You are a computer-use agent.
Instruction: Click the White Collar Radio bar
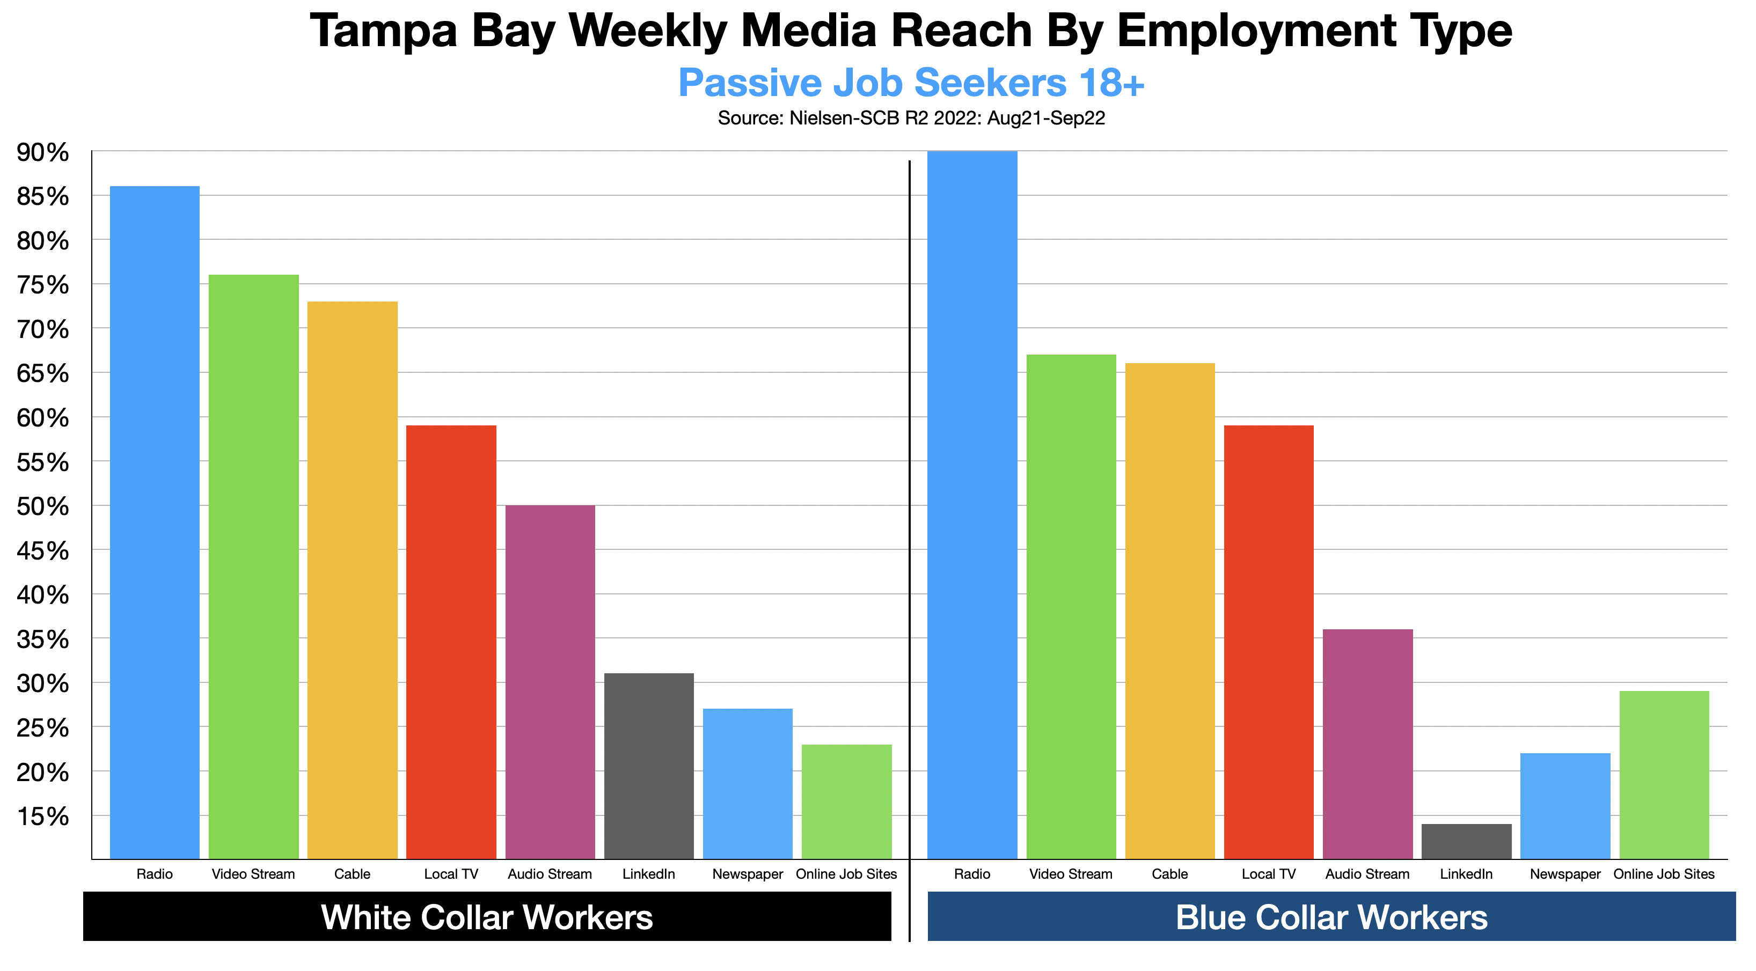(155, 522)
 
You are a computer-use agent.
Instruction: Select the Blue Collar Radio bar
(972, 504)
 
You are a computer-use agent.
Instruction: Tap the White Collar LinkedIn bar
(649, 766)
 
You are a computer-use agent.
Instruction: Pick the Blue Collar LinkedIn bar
(1466, 842)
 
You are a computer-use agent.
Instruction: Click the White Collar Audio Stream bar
(550, 681)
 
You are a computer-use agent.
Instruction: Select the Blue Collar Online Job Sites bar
(1664, 775)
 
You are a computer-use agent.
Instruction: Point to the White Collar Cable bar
(353, 580)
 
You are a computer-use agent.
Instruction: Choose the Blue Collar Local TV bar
(1269, 642)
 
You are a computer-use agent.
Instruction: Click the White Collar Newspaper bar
(748, 784)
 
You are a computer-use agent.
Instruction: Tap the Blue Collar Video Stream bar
(1071, 606)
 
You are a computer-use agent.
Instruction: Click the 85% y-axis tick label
(42, 196)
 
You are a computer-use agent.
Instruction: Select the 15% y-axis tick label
(42, 816)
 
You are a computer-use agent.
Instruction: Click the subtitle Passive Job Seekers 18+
(911, 83)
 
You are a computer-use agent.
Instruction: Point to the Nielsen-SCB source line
(911, 119)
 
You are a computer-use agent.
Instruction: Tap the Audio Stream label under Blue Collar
(1367, 874)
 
